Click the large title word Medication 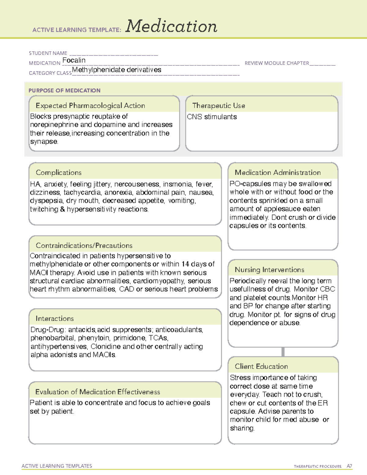(171, 26)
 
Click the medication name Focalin (74, 60)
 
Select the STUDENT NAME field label (48, 53)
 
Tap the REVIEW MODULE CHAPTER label (277, 63)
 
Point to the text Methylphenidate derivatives (117, 70)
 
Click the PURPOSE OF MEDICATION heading (64, 91)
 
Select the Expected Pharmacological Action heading (90, 106)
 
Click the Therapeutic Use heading (218, 106)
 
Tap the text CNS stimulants (212, 117)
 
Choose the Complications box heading (58, 173)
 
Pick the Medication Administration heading (277, 173)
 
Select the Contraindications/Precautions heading (84, 245)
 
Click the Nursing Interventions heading (269, 269)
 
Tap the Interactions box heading (54, 318)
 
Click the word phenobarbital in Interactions (52, 338)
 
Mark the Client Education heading (261, 366)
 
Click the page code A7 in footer (349, 466)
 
